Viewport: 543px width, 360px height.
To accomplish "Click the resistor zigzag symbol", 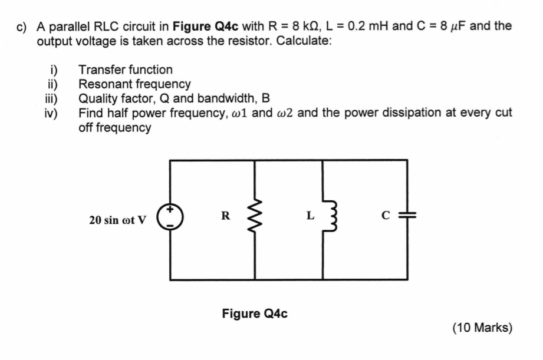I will (255, 217).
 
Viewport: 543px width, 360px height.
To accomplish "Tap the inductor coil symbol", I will (324, 217).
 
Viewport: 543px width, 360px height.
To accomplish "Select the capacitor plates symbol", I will (405, 216).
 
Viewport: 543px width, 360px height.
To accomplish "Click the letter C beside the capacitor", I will (386, 216).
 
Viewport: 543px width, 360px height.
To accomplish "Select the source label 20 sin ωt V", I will (118, 220).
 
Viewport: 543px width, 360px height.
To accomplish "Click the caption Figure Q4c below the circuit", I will (255, 313).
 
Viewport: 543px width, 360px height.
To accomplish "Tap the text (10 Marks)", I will (482, 328).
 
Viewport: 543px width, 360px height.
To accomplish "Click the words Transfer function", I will (126, 70).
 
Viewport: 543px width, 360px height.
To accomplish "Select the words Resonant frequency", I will (134, 84).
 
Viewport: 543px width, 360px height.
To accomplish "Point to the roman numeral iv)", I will (51, 113).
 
